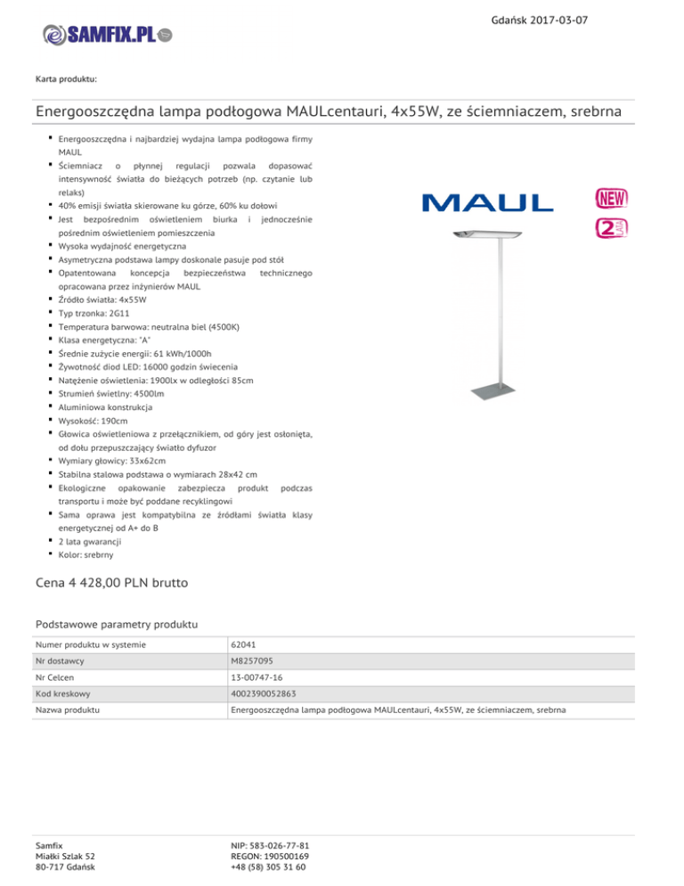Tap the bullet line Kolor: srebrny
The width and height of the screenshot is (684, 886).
pyautogui.click(x=85, y=554)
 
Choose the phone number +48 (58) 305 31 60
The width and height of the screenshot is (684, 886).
pyautogui.click(x=268, y=866)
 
